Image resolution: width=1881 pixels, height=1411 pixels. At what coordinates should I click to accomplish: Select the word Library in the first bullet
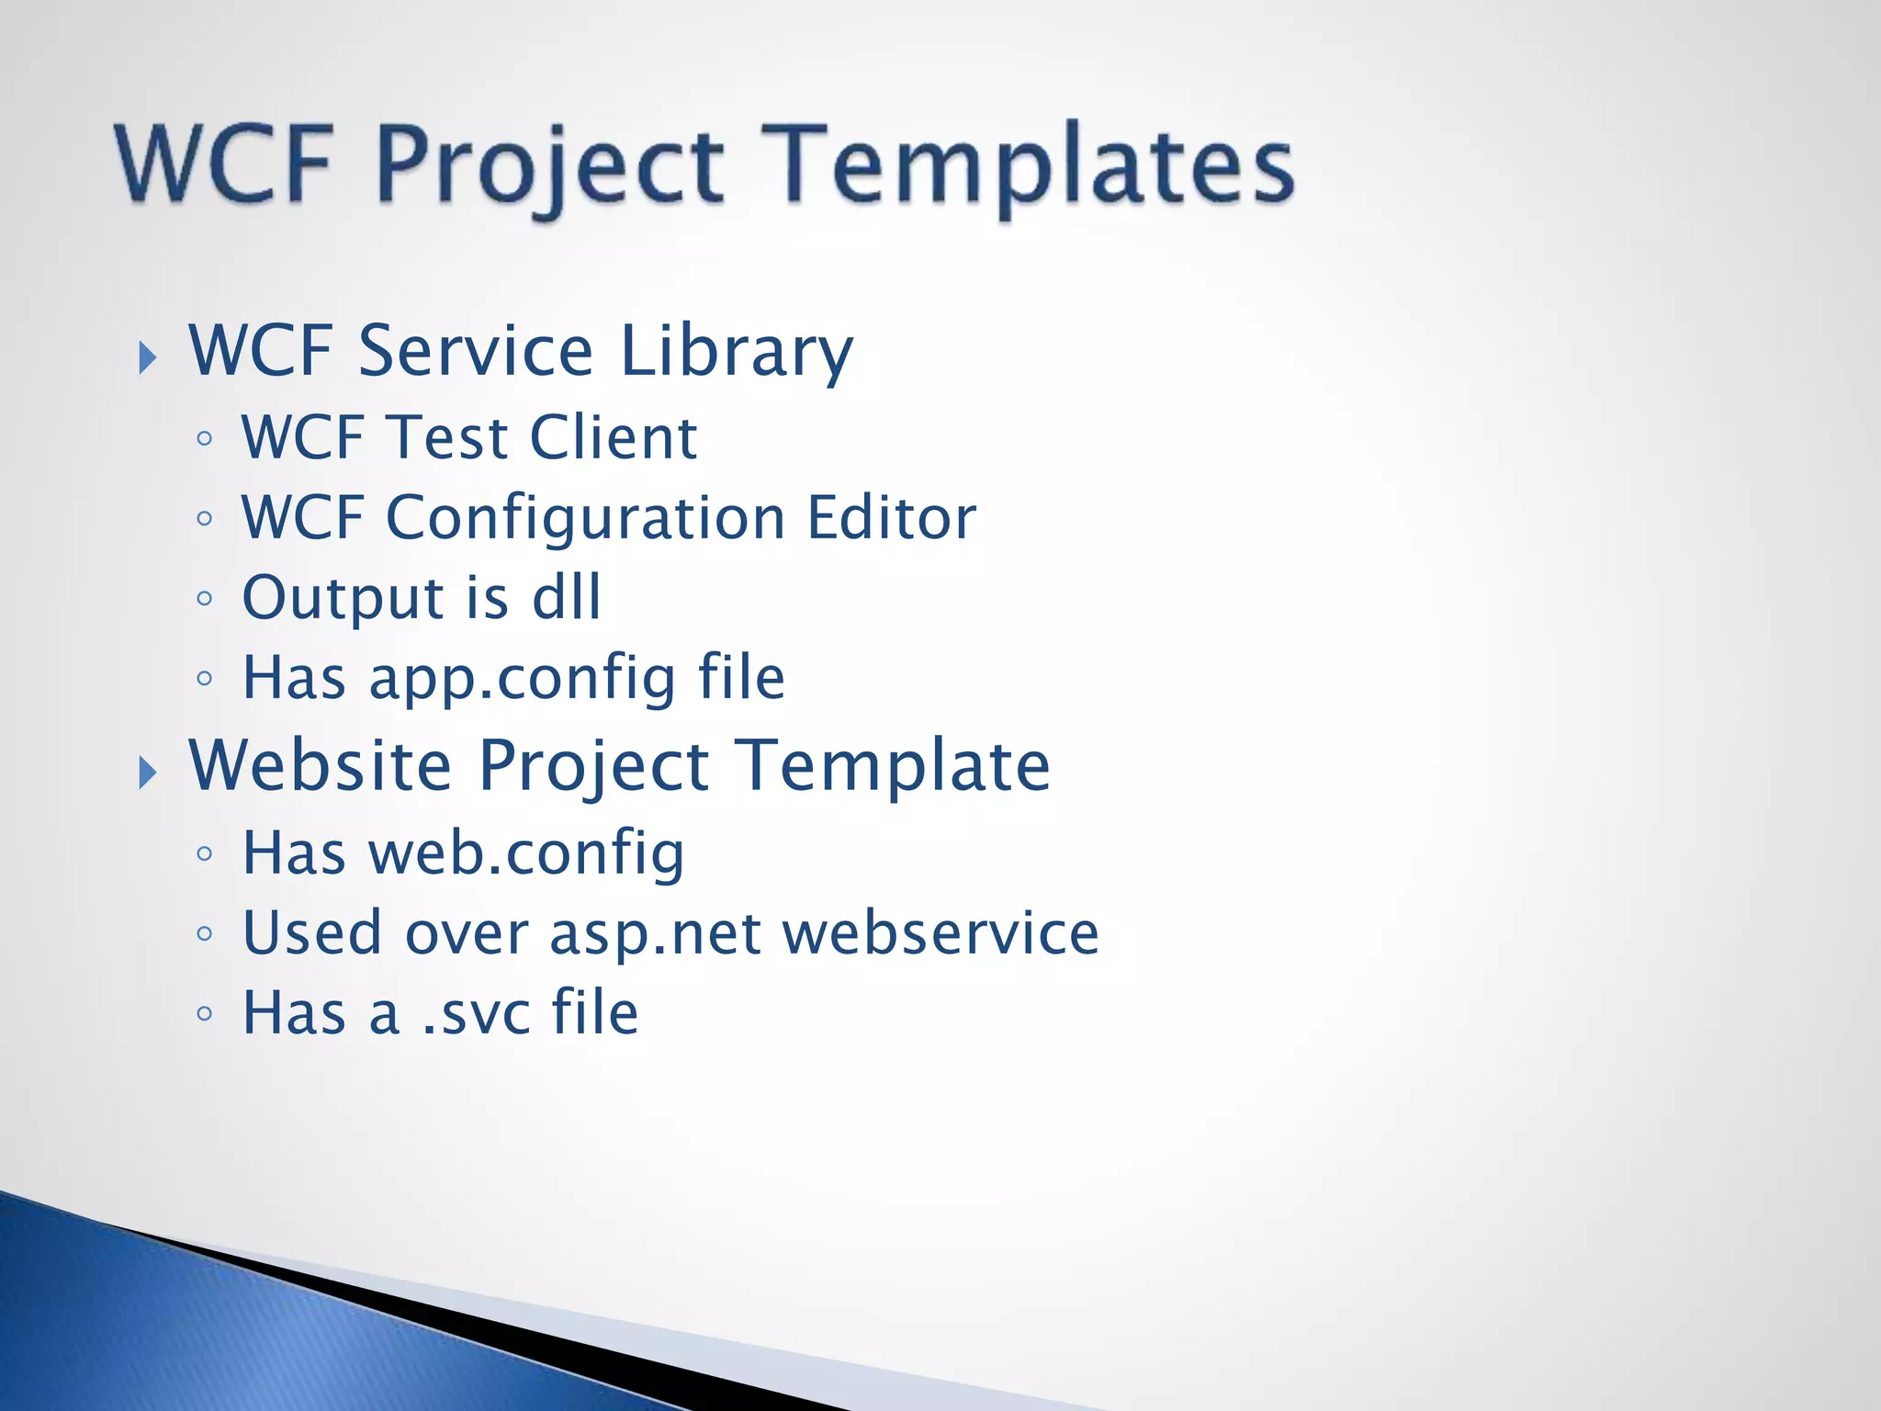[x=736, y=351]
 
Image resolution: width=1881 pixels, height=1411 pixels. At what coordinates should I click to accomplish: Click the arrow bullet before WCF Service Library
[x=147, y=357]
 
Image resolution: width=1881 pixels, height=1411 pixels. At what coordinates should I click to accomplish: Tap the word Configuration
[x=585, y=518]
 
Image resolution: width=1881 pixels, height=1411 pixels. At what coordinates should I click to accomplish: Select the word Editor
[x=891, y=517]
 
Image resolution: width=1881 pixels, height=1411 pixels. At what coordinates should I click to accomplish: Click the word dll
[x=567, y=597]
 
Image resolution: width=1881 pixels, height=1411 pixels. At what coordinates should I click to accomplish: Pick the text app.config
[x=522, y=678]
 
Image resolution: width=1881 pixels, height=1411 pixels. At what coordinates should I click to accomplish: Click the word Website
[x=320, y=765]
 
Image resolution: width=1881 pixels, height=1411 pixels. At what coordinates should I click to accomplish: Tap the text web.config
[x=526, y=853]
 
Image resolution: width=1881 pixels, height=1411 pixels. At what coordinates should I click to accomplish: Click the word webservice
[x=940, y=932]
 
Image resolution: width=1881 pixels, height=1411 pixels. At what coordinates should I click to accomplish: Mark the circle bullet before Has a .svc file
[x=205, y=1014]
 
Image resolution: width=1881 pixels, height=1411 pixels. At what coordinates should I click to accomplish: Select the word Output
[x=342, y=598]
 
